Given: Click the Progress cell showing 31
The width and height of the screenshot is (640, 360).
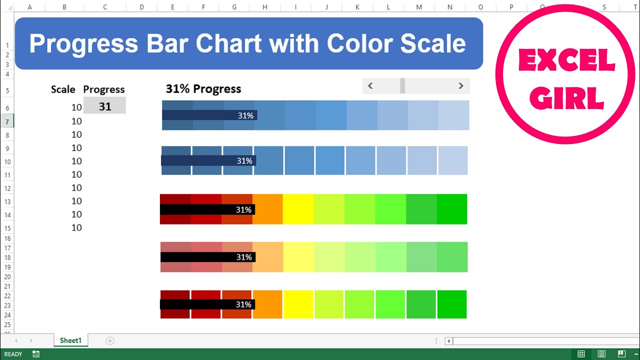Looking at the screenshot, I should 104,106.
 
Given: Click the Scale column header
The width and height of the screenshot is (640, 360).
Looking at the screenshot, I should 63,89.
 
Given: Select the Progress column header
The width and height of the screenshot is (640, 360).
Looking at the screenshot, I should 104,89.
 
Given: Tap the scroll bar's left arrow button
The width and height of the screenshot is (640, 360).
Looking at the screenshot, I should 370,86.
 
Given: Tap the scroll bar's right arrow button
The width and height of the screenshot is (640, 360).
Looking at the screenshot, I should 460,86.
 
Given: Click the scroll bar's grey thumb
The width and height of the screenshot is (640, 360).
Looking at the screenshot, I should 402,86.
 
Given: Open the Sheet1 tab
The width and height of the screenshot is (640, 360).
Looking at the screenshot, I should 70,340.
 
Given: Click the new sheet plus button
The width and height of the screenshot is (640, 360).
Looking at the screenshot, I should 110,340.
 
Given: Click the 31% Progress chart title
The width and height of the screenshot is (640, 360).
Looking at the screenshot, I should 203,89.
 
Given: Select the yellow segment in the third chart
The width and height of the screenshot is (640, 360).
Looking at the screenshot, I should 298,209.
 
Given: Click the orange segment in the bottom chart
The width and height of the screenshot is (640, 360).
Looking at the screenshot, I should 267,304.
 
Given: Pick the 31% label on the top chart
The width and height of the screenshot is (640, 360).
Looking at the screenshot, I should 245,115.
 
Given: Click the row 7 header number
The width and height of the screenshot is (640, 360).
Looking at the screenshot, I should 7,121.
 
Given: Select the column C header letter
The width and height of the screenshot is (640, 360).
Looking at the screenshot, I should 104,7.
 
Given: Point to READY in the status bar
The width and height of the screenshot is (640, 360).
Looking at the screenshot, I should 13,354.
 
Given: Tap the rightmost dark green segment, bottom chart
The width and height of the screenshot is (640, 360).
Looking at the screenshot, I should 452,304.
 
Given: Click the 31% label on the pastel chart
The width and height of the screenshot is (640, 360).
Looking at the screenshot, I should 244,257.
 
